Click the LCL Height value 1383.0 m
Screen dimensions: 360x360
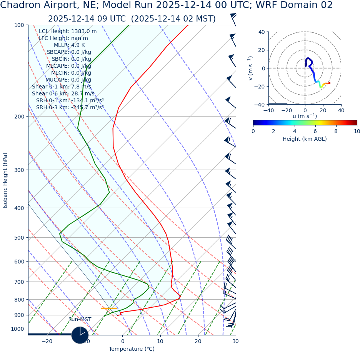84,32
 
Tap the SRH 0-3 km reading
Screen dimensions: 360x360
70,108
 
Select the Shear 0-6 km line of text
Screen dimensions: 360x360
63,94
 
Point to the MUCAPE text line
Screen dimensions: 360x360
68,80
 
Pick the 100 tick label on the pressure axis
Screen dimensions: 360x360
19,25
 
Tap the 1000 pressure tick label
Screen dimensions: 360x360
17,329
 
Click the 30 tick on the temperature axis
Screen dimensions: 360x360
235,341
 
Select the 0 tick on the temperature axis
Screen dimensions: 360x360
123,341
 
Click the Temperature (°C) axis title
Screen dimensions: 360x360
132,349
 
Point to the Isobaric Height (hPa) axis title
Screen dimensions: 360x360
5,180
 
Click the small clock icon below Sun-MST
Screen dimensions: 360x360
80,335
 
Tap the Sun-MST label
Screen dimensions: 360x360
80,320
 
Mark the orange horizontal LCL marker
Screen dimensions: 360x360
109,308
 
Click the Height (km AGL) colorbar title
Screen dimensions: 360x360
305,139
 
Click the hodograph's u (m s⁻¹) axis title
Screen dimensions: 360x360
305,116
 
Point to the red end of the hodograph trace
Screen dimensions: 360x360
329,83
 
